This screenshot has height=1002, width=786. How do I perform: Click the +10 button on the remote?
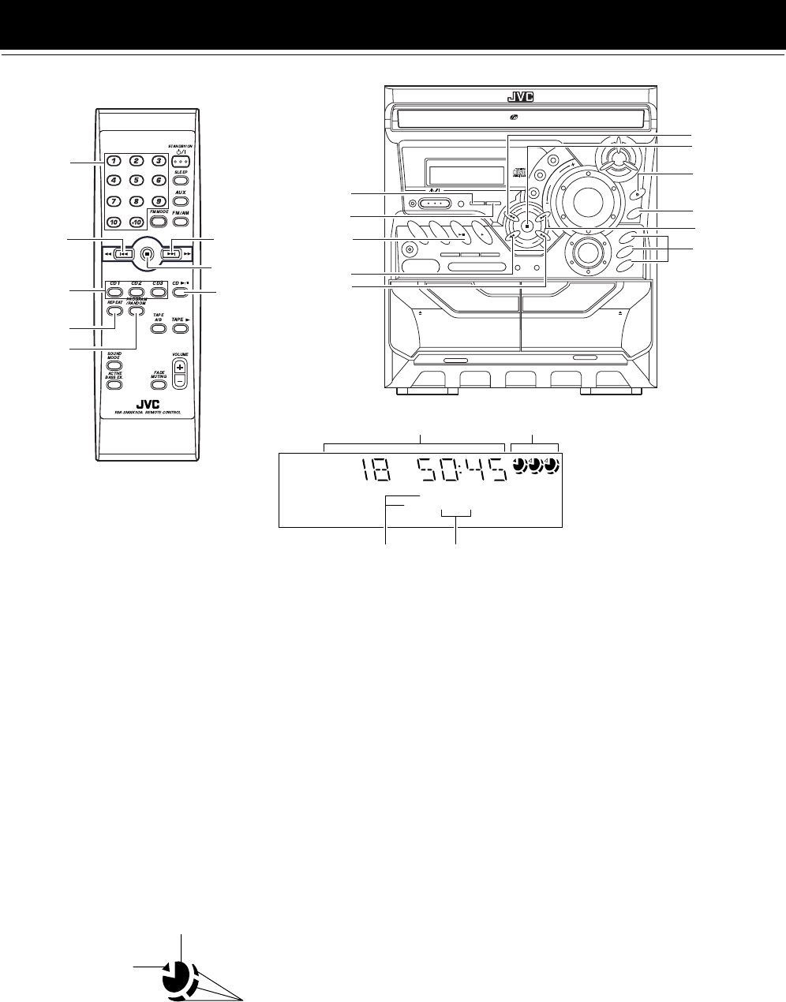tap(137, 221)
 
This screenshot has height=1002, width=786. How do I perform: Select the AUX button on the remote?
tap(180, 200)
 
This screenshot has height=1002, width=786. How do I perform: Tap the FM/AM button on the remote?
tap(181, 222)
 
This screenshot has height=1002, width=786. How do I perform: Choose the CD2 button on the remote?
tap(137, 292)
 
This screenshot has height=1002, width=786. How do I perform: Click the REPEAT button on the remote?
tap(115, 310)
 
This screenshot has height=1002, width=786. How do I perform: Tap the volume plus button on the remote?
tap(181, 368)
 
